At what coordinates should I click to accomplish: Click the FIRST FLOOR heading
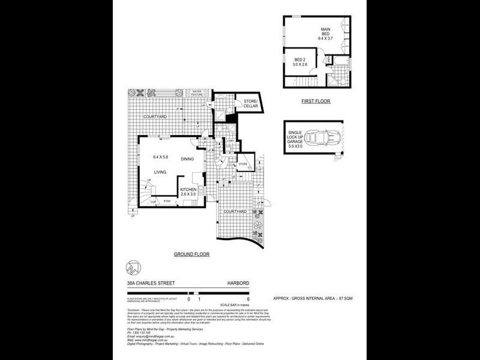click(x=316, y=101)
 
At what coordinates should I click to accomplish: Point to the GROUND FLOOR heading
click(x=191, y=254)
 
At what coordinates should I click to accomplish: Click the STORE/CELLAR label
click(x=250, y=103)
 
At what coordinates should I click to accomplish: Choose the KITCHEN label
click(x=193, y=190)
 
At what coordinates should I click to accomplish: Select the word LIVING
click(x=160, y=173)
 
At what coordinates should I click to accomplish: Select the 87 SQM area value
click(x=345, y=298)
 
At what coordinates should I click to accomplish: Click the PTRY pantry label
click(x=167, y=201)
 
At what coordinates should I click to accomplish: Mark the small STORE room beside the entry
click(x=243, y=163)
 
